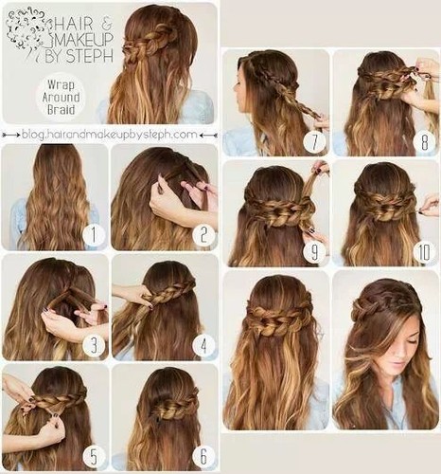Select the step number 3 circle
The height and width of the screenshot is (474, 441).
point(92,345)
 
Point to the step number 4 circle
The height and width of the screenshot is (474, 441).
point(203,346)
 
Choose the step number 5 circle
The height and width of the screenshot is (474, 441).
point(92,454)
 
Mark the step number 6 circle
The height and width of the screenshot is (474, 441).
point(203,455)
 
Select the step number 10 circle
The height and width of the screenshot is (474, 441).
point(423,252)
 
